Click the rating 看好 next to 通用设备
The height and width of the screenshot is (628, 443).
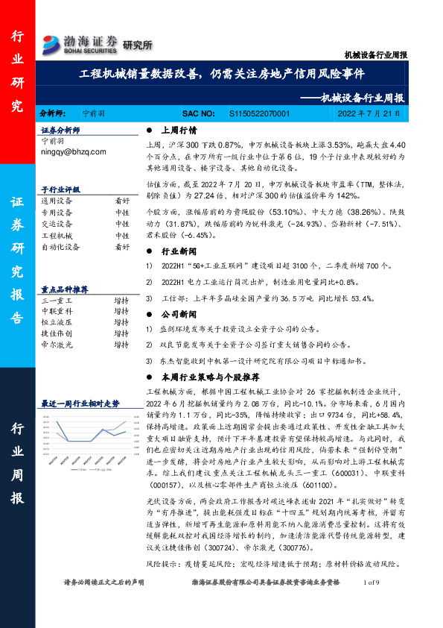tap(121, 201)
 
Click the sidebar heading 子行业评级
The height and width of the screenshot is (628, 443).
tap(60, 190)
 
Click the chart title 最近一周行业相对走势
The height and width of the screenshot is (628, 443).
tap(80, 403)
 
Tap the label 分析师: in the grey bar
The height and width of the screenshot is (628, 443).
tap(54, 114)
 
